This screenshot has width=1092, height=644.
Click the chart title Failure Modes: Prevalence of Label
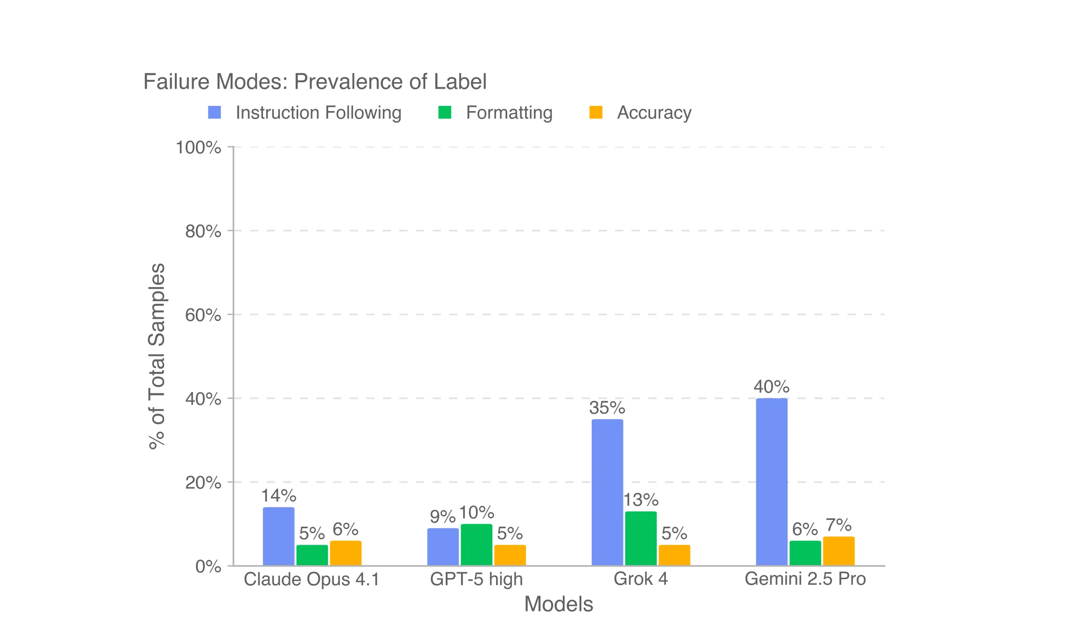pos(315,82)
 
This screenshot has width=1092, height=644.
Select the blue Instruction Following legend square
pos(214,112)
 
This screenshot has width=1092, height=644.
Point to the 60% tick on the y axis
pos(203,315)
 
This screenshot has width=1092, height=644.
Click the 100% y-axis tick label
pos(198,147)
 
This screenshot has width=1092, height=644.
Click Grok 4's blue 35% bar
pos(607,492)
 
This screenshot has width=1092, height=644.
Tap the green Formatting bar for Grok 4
pos(641,539)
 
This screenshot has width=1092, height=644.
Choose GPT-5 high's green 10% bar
pos(477,545)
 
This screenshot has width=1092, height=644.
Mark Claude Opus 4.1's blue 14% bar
pos(278,536)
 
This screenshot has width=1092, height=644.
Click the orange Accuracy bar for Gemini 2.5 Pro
pos(838,551)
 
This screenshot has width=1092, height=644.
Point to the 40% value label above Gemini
pos(771,386)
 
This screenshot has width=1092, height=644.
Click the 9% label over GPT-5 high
pos(442,517)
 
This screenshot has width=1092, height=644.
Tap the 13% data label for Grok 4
pos(641,500)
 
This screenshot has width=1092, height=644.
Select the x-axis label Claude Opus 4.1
pos(311,579)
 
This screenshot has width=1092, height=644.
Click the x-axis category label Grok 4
pos(641,579)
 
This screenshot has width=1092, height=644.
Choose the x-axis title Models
pos(558,604)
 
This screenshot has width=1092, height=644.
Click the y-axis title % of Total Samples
pos(157,356)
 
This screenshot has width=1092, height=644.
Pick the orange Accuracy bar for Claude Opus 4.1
pos(346,553)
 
